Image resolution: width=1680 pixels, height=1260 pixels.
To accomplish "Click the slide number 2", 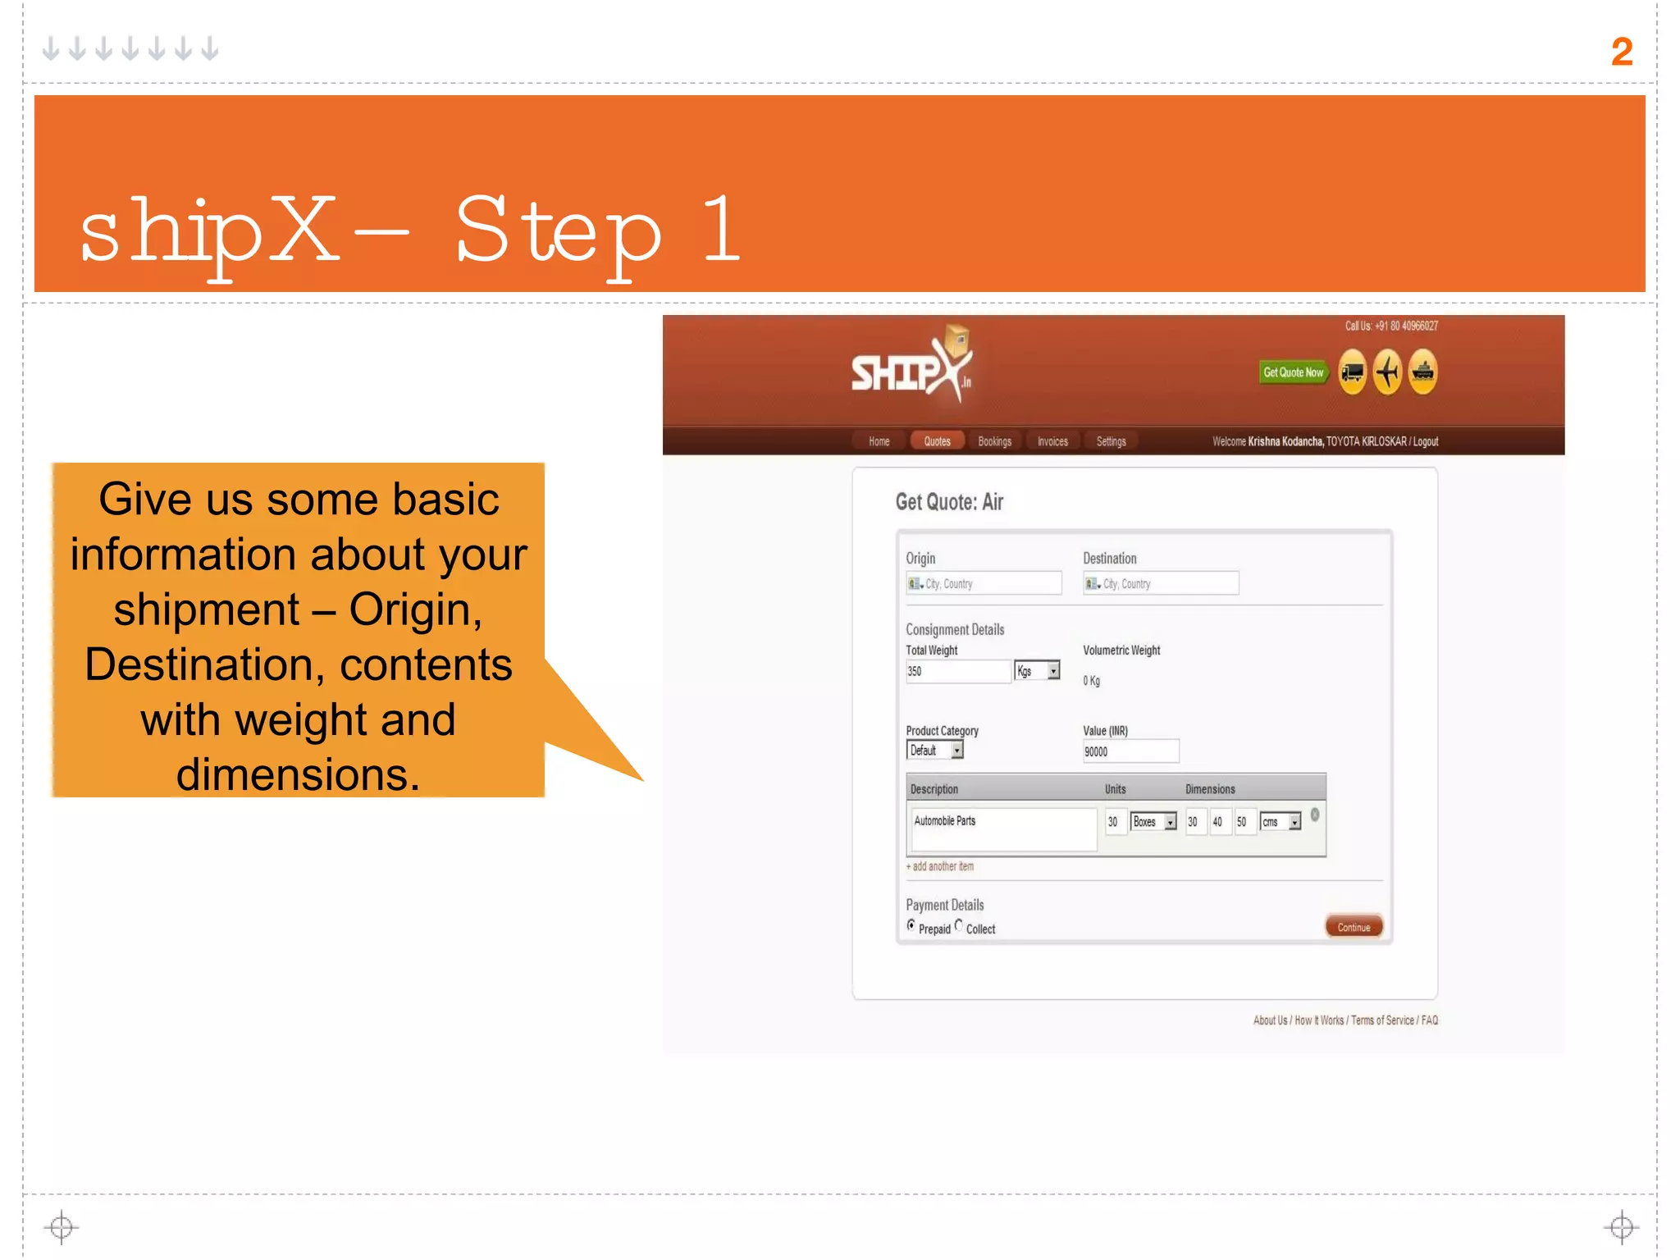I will tap(1621, 52).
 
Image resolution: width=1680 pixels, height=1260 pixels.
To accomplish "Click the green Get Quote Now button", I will tap(1293, 372).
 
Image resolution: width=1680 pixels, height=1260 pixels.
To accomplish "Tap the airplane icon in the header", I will tap(1387, 372).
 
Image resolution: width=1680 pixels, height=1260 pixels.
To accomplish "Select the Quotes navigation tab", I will tap(937, 441).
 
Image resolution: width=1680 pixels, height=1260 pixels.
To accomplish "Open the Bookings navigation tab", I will tap(994, 441).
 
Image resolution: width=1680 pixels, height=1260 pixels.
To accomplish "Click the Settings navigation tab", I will tap(1111, 441).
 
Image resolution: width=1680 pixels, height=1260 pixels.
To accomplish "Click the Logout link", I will tap(1425, 441).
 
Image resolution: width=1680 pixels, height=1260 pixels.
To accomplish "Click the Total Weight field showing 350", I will tap(956, 671).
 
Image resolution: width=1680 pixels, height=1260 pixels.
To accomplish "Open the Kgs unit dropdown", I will tap(1037, 671).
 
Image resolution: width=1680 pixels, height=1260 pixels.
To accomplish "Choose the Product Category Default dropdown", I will tap(934, 750).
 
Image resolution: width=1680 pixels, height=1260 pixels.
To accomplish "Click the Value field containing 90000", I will tap(1130, 751).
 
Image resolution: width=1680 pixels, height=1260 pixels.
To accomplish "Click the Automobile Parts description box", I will tap(1003, 829).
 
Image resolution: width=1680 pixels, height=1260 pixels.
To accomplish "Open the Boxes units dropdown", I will tap(1153, 822).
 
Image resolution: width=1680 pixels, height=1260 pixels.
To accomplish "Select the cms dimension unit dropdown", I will tap(1280, 822).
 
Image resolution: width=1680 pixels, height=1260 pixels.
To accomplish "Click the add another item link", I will tap(940, 866).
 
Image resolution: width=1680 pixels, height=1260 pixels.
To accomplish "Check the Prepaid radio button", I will tap(911, 925).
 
